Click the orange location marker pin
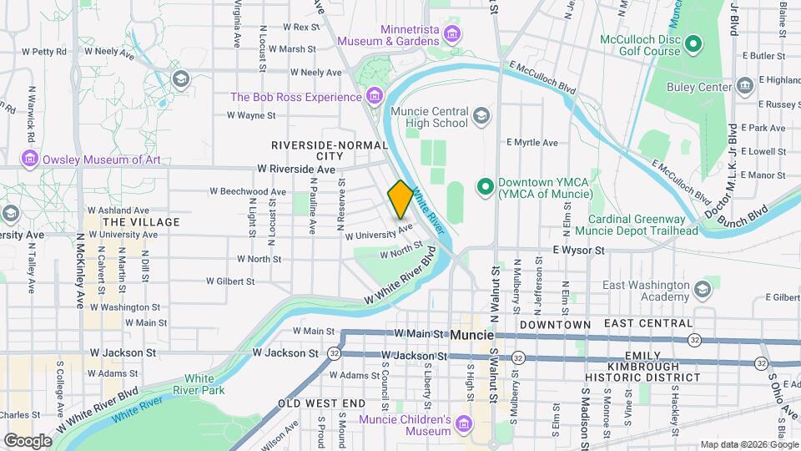(x=400, y=200)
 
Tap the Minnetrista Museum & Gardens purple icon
(x=452, y=34)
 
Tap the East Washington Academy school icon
(x=702, y=290)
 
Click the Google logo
(x=28, y=440)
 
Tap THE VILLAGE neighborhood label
(x=140, y=222)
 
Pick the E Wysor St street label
(x=577, y=250)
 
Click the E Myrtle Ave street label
(x=531, y=143)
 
